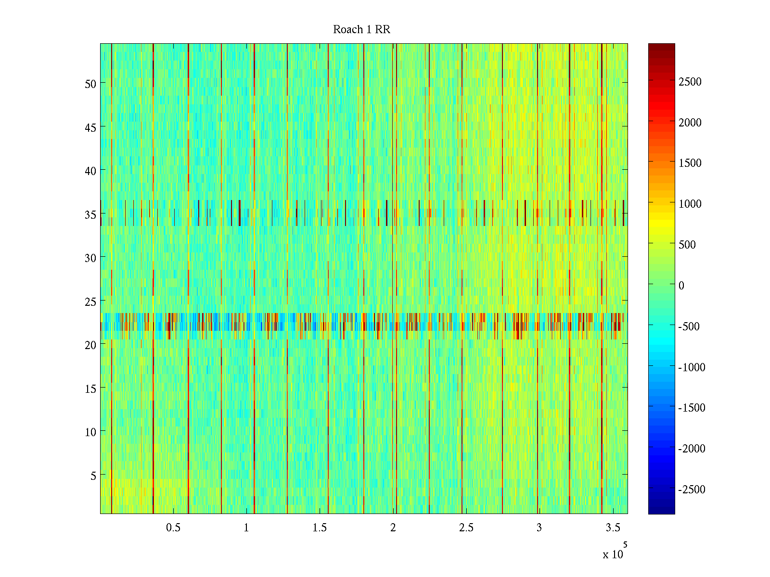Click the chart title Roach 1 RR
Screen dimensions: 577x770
(x=361, y=30)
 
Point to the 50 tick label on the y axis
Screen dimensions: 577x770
(x=90, y=84)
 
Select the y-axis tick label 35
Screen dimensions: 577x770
(x=90, y=214)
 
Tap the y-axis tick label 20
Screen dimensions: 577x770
(x=90, y=345)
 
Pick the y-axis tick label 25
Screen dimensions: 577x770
(x=90, y=301)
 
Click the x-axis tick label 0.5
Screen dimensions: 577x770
(x=173, y=528)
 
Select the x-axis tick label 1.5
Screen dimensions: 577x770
(x=320, y=528)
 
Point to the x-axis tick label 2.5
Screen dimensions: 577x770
(x=466, y=528)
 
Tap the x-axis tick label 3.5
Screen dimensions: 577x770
(x=613, y=528)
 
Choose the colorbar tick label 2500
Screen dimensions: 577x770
(x=690, y=82)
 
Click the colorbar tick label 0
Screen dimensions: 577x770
(x=681, y=286)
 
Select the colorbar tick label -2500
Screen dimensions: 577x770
(x=692, y=489)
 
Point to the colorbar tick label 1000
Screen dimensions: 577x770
(x=690, y=204)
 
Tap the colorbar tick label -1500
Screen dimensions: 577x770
(x=692, y=408)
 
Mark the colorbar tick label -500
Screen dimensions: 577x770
(x=689, y=326)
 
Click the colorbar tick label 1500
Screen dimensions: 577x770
(x=690, y=163)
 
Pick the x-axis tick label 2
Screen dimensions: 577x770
(x=393, y=528)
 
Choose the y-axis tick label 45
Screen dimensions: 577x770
(x=90, y=127)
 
